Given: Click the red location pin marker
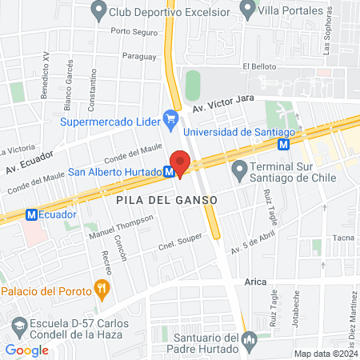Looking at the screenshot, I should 180,163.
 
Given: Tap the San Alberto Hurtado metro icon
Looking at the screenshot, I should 170,171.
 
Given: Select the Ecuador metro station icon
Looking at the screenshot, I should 31,214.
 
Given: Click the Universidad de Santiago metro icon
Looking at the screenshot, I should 284,144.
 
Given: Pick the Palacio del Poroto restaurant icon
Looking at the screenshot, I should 101,288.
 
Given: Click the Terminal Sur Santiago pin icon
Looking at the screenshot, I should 239,170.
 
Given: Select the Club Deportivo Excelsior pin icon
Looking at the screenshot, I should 98,10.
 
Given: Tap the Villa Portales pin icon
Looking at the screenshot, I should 248,10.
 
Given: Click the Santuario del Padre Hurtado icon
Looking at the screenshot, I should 249,344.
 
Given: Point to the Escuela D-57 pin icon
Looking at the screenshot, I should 18,326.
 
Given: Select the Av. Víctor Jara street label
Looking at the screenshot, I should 222,108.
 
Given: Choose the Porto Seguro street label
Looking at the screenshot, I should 134,32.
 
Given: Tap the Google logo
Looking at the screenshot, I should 26,350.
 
